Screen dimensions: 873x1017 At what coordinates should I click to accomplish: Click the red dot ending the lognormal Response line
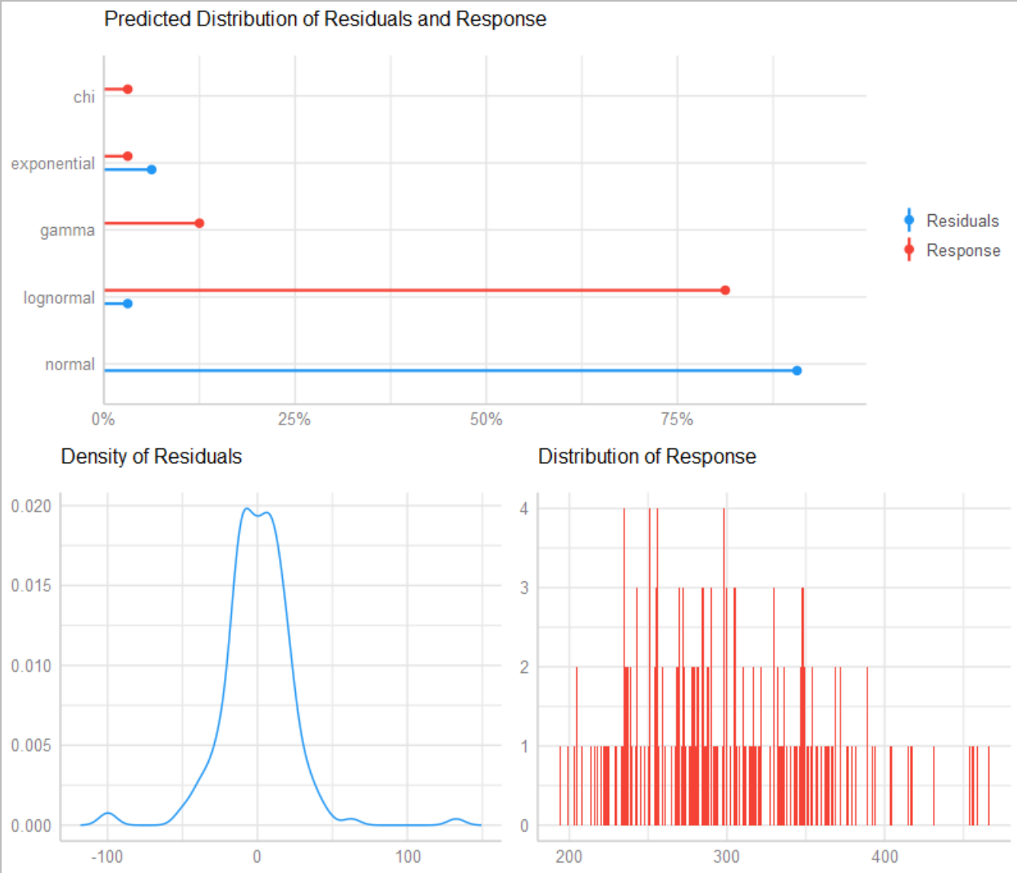pos(725,290)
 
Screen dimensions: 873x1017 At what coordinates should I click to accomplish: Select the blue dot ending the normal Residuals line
pos(796,370)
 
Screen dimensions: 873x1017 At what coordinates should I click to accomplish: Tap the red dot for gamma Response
pos(199,223)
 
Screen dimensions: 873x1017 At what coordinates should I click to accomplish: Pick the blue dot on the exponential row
pos(151,169)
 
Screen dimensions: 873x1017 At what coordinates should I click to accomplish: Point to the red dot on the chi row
pos(127,90)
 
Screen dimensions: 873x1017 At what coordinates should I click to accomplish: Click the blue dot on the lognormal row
pos(127,304)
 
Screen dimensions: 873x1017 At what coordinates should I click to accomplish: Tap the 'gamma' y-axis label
pos(67,230)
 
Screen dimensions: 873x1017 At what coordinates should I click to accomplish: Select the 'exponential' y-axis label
pos(53,164)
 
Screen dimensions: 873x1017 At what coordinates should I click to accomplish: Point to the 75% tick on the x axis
pos(676,419)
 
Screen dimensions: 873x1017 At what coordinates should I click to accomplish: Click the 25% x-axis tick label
pos(294,419)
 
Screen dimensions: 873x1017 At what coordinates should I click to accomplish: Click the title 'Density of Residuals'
pos(151,456)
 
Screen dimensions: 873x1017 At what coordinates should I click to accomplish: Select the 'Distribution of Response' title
pos(647,456)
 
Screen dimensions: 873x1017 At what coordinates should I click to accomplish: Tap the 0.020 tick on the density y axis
pos(31,506)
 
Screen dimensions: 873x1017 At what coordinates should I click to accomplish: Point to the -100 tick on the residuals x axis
pos(106,856)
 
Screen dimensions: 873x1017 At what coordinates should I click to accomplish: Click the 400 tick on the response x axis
pos(884,856)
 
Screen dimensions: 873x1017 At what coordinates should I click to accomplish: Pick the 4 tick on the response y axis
pos(524,508)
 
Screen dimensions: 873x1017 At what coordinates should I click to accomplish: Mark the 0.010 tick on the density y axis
pos(31,665)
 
